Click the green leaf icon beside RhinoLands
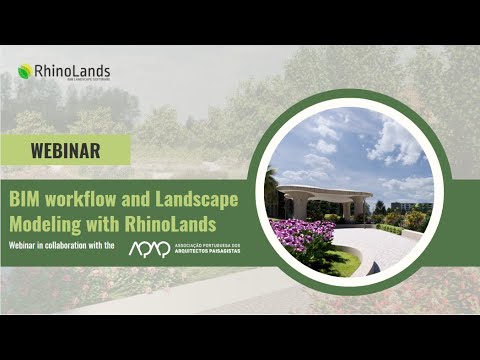(x=24, y=71)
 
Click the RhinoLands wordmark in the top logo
(x=72, y=71)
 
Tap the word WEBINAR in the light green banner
(x=65, y=151)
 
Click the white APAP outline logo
(x=149, y=247)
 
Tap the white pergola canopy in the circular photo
(x=325, y=191)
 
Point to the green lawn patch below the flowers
(x=345, y=263)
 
